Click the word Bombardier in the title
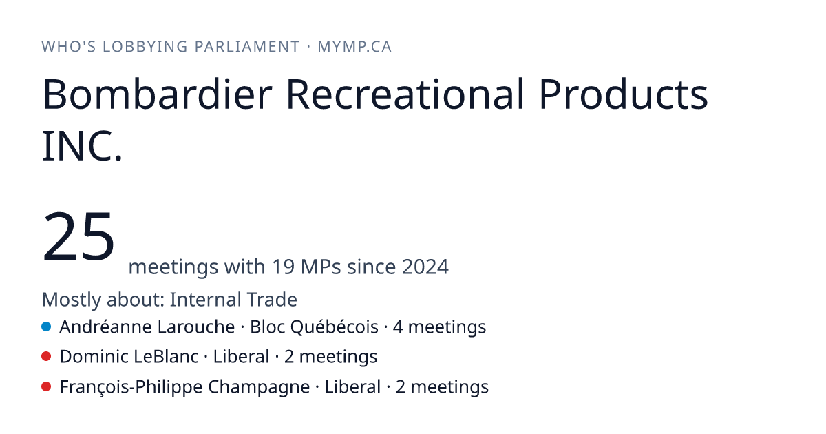pos(158,94)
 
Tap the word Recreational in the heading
pos(405,94)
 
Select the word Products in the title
pos(623,94)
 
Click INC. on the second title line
pos(82,146)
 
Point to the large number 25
pos(78,236)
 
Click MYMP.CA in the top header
pos(354,47)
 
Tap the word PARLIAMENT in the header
pos(247,47)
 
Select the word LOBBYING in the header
pos(145,47)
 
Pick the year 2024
pos(425,267)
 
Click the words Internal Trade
pos(233,299)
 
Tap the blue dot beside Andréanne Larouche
pos(46,327)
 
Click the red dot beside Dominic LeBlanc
pos(46,357)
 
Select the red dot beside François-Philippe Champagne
pos(46,386)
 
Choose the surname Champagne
pos(259,387)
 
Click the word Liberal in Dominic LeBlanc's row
pos(241,357)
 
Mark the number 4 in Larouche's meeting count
pos(398,327)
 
